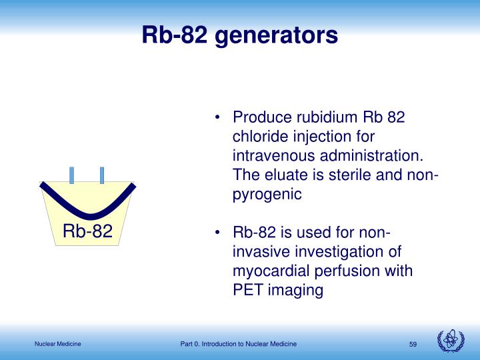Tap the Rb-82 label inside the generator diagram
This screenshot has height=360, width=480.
[87, 231]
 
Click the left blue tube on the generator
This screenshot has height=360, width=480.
[72, 175]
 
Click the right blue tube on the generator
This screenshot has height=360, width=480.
[102, 175]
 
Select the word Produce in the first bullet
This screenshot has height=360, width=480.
[261, 117]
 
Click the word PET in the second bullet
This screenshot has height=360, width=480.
[247, 291]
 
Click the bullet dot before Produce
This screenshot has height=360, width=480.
[218, 118]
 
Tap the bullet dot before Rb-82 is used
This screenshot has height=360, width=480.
[218, 234]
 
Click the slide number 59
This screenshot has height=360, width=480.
[413, 344]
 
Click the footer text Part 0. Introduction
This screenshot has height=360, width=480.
[238, 344]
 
